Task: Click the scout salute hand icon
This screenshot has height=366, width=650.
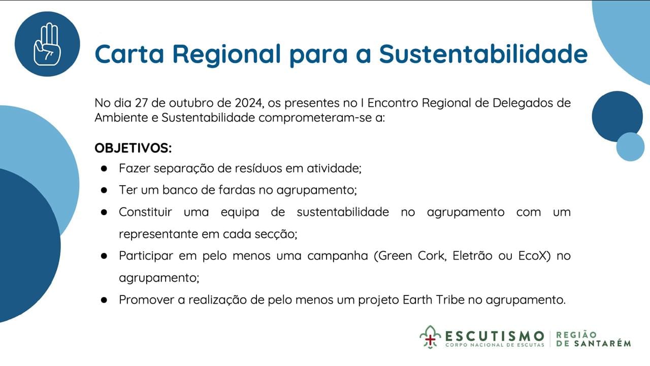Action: click(48, 44)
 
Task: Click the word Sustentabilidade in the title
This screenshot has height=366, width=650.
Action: click(483, 54)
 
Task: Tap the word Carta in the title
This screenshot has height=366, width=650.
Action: click(129, 54)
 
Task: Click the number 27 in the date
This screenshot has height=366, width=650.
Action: click(142, 103)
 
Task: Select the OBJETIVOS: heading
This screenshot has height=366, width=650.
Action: click(133, 148)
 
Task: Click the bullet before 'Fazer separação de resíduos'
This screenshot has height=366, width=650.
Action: click(104, 169)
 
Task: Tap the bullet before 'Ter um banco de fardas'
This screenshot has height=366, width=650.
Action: click(104, 190)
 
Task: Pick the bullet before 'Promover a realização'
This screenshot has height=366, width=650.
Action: click(104, 300)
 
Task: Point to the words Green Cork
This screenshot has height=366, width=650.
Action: click(410, 256)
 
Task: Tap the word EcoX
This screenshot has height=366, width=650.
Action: click(533, 256)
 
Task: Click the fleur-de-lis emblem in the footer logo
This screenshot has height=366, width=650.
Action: click(430, 337)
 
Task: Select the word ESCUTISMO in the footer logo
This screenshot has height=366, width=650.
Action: click(495, 337)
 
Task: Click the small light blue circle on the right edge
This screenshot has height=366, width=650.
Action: click(630, 147)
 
